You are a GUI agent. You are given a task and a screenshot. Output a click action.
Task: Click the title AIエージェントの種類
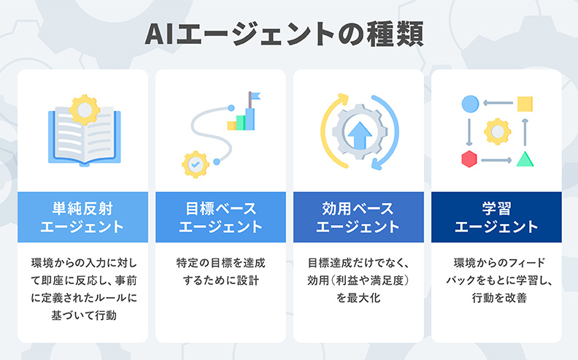coord(289,34)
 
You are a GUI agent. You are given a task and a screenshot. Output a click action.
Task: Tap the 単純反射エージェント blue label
coord(82,217)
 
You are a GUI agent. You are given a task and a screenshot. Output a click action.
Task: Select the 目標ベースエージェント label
coord(220,217)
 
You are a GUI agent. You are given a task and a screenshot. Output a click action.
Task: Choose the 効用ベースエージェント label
coord(358,217)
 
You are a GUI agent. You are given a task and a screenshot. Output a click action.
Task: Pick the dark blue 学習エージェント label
coord(496,217)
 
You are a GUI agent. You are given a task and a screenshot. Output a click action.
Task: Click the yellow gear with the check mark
coord(196,164)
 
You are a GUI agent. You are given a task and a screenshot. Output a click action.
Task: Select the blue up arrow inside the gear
coord(358,134)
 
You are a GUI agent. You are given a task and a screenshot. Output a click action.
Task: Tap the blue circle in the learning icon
coord(470,103)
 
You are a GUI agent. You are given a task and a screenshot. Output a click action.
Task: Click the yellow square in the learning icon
coord(524,103)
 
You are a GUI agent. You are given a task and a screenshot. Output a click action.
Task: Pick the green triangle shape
coord(524,158)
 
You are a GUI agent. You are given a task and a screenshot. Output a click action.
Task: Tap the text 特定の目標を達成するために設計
coord(220,271)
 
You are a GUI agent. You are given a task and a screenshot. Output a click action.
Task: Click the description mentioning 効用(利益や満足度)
coord(358,280)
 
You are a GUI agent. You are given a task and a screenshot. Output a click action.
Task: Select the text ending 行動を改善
coord(496,280)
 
